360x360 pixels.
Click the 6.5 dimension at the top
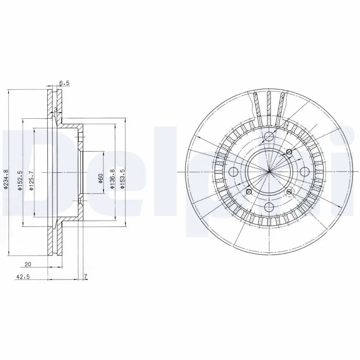64,83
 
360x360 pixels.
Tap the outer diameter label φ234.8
6,179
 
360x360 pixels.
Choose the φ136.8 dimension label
112,180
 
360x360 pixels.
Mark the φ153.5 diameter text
121,180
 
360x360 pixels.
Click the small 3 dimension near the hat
55,110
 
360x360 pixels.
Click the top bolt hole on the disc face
269,137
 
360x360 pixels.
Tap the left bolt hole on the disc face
234,171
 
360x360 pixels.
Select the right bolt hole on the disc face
304,171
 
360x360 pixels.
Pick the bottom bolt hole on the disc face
269,207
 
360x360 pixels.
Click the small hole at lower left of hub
248,192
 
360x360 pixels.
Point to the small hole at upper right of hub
289,153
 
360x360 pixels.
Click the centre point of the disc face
269,171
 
